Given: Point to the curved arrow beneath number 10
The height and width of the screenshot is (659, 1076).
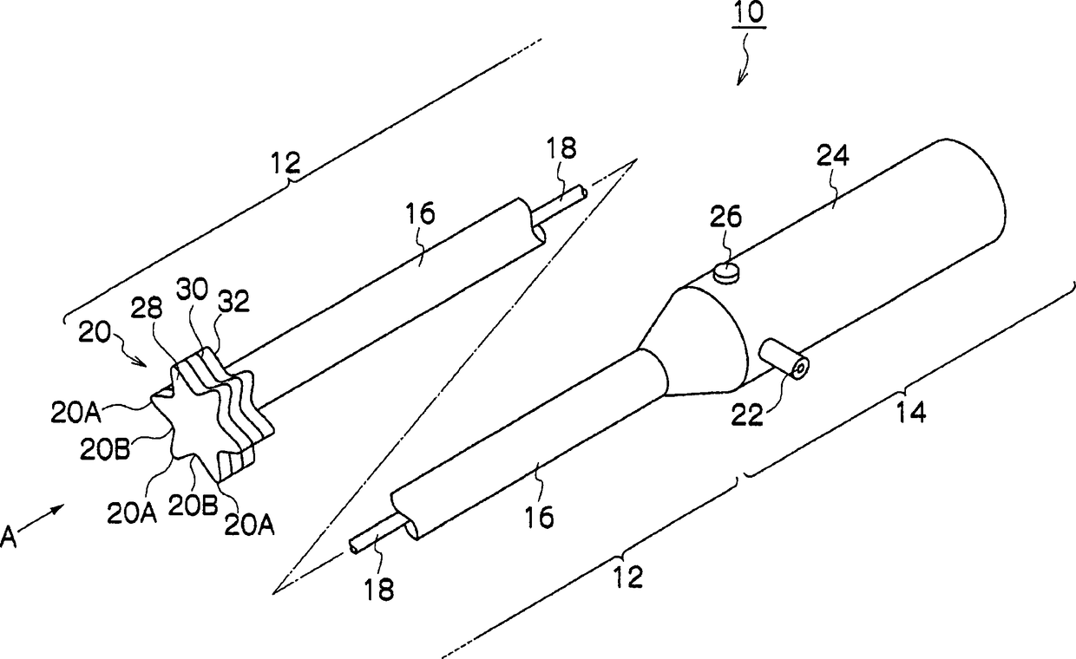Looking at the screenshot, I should pos(745,69).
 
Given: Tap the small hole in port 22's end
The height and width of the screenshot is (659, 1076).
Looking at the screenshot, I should pos(799,369).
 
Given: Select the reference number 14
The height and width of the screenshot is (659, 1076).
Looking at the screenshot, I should pos(910,412).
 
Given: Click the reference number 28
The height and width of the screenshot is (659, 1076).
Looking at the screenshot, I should pos(147,310).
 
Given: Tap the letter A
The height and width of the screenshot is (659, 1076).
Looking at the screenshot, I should pos(10,538).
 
